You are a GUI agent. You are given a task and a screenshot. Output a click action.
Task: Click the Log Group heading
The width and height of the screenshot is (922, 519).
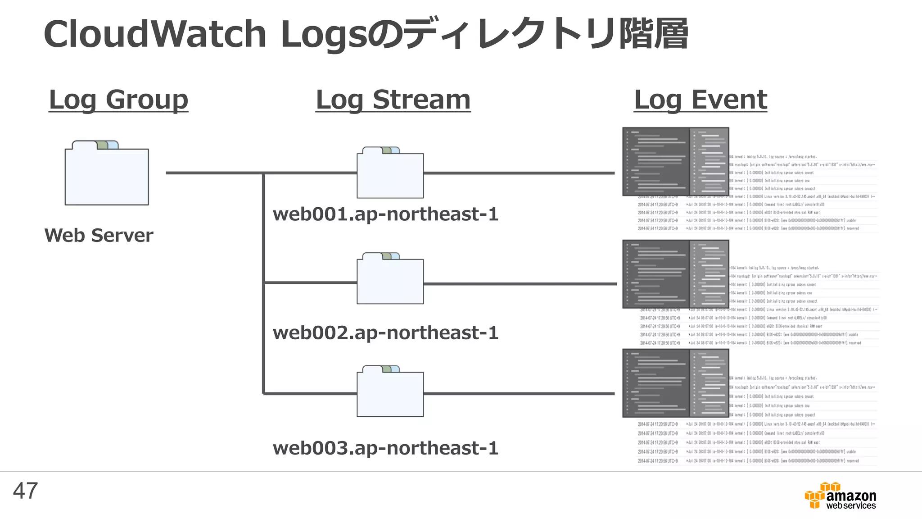pos(118,100)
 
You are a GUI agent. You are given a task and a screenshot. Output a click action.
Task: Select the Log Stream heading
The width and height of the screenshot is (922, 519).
pos(393,100)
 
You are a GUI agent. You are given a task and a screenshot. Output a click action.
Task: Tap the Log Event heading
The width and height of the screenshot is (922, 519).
pos(701,100)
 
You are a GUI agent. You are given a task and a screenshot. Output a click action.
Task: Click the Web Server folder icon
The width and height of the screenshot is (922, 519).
pos(107,173)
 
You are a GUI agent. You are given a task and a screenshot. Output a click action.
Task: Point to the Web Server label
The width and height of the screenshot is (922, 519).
pos(99,235)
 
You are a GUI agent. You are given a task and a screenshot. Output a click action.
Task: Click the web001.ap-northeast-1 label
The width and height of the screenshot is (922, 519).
pos(385,214)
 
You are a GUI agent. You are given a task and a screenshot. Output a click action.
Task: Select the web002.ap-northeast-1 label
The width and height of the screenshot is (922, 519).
pos(385,333)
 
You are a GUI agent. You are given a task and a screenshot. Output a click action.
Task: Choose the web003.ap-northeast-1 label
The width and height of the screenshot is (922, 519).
pos(385,448)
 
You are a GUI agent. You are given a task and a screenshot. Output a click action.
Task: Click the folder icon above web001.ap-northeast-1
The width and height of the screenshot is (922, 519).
pos(390,173)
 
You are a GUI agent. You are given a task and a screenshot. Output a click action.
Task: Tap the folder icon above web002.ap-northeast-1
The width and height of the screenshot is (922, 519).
pos(390,279)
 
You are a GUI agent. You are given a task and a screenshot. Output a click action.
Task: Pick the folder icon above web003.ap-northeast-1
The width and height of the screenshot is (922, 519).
pos(390,392)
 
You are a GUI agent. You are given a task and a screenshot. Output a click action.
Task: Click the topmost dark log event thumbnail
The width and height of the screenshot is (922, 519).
pos(675,162)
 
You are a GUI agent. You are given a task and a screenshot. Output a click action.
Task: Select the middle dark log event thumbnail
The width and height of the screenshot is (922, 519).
pos(675,274)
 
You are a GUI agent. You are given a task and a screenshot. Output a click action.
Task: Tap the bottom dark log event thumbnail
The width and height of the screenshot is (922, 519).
pos(675,383)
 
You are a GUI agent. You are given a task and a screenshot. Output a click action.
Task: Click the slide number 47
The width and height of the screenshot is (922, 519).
pos(26,491)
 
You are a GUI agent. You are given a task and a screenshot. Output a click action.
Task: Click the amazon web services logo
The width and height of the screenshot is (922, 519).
pos(841,496)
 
